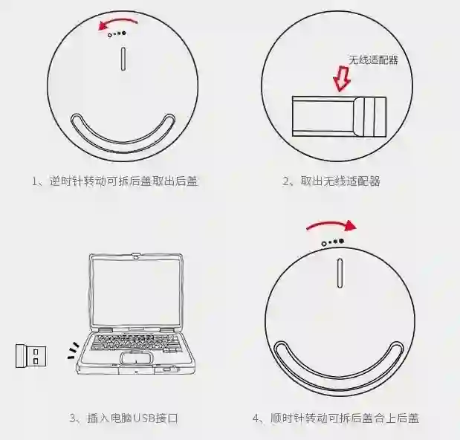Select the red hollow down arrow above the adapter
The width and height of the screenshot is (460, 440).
[x=342, y=79]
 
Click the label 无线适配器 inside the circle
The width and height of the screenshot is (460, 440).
[x=373, y=60]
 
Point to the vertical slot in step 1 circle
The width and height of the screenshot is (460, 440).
[x=123, y=59]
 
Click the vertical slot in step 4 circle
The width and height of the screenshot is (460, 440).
[x=340, y=273]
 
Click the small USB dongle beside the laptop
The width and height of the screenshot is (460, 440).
[x=31, y=356]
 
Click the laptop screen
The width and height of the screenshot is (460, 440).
[x=136, y=291]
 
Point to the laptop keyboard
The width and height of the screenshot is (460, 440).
[x=135, y=342]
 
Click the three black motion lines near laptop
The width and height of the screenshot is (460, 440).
[x=74, y=351]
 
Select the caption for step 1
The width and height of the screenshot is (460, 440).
[x=115, y=181]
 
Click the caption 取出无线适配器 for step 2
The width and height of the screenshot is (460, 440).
[x=340, y=181]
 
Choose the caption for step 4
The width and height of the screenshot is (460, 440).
[x=336, y=418]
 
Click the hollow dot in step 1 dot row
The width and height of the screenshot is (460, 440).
[x=110, y=35]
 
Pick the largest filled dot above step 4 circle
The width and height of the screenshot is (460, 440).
[x=341, y=241]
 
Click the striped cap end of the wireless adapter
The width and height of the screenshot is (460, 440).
[x=370, y=117]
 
